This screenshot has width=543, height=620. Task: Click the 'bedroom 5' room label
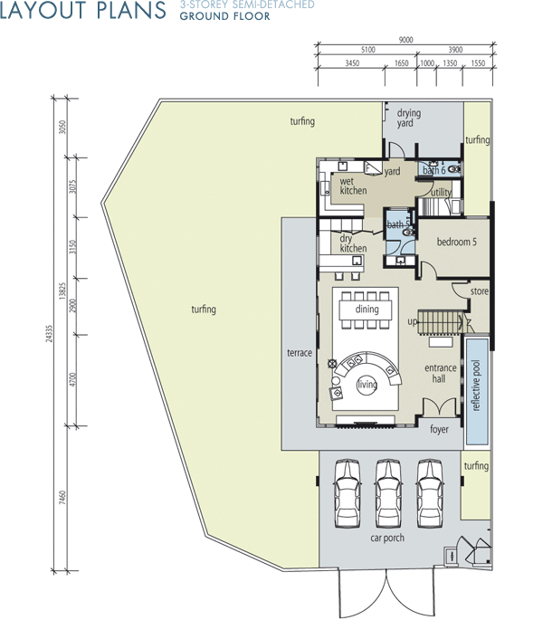(456, 242)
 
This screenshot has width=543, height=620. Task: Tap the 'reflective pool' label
(476, 386)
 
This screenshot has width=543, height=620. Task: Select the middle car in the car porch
(388, 493)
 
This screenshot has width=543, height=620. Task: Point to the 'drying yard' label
(408, 118)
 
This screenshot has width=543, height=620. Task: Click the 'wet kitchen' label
(353, 186)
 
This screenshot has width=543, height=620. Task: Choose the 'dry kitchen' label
(353, 243)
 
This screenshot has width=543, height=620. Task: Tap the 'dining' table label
(367, 310)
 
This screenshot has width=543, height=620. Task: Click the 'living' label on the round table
(367, 384)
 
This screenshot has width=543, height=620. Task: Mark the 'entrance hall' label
(440, 373)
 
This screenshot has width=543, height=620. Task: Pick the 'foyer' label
(439, 429)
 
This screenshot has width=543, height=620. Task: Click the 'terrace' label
(300, 353)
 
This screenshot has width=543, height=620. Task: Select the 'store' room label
(480, 291)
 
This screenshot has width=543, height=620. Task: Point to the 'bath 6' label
(434, 170)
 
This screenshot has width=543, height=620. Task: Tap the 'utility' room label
(441, 192)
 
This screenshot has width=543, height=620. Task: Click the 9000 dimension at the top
(405, 40)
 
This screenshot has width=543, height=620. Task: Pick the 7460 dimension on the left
(62, 498)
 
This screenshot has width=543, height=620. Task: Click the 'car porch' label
(387, 538)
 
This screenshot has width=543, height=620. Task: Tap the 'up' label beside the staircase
(412, 322)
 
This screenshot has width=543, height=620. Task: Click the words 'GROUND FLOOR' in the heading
(224, 16)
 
